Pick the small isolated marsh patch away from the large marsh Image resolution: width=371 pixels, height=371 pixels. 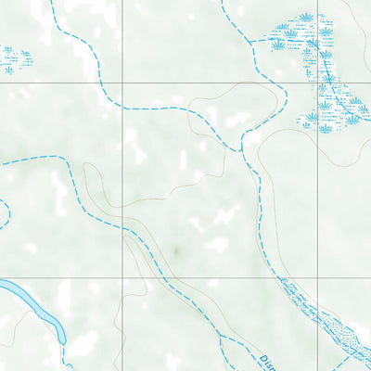(15, 60)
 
